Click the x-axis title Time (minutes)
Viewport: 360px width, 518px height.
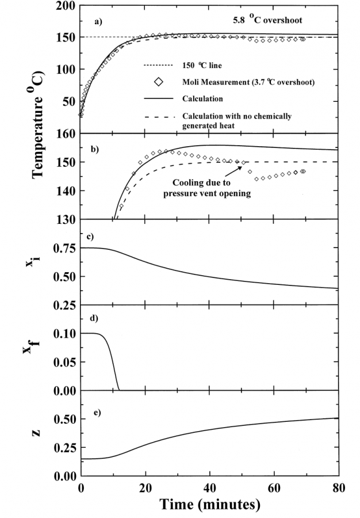(210, 505)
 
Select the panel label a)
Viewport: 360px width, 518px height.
(99, 22)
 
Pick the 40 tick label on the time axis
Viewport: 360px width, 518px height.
(210, 487)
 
